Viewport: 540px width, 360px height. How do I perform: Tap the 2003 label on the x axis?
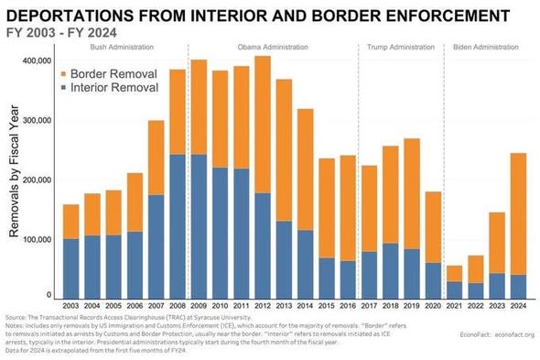(x=70, y=306)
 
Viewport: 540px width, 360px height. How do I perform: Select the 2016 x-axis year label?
(x=347, y=306)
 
